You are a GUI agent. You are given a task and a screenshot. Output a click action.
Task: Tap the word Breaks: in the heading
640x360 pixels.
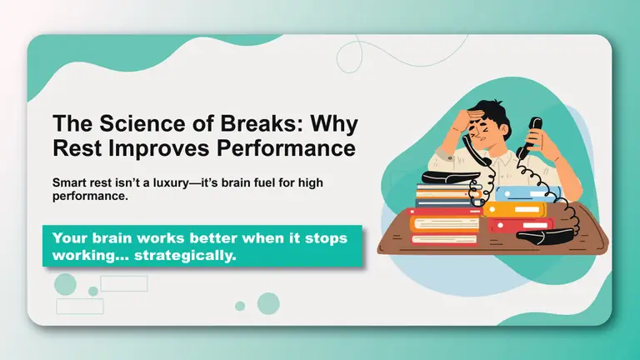[x=237, y=124]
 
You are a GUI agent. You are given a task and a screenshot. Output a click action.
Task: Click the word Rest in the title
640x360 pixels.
[x=77, y=149]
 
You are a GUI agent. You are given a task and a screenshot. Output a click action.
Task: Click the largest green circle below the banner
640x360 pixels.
[x=65, y=285]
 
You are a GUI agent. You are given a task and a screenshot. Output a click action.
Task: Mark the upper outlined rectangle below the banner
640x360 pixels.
[x=123, y=283]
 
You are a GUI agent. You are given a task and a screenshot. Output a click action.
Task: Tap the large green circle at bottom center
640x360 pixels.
[x=267, y=302]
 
